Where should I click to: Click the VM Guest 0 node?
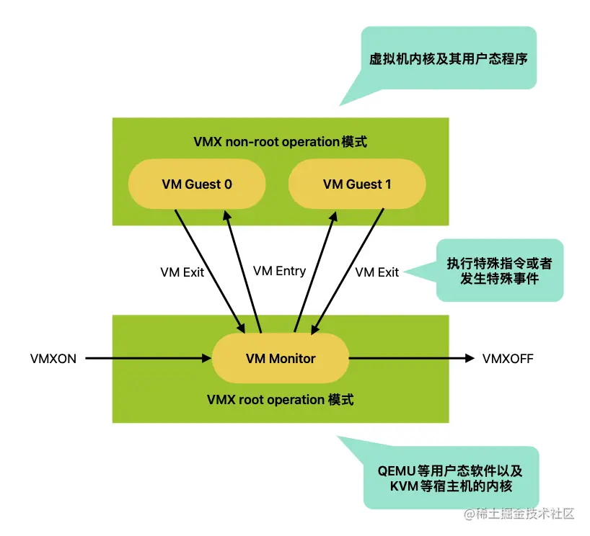click(197, 184)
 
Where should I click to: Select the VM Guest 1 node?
click(357, 184)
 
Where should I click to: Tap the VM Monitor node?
click(281, 358)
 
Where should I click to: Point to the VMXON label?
click(53, 358)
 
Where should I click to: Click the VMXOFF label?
click(508, 358)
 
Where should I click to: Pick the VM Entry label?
click(279, 271)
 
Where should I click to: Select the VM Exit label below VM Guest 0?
click(182, 272)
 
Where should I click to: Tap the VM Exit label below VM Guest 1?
click(377, 272)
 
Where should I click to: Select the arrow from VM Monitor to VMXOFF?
click(411, 358)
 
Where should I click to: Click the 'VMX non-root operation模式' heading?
click(280, 142)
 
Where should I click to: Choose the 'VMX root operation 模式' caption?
click(280, 399)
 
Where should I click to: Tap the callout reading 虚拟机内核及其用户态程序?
click(448, 58)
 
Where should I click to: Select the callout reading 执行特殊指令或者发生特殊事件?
click(499, 270)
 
